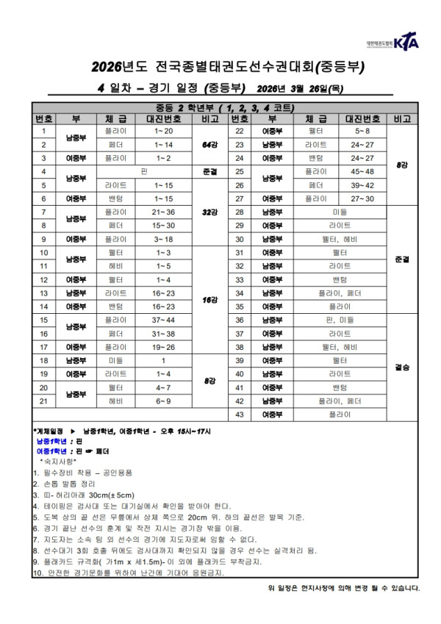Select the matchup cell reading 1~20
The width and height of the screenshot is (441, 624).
163,131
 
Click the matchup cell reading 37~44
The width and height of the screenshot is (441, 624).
163,320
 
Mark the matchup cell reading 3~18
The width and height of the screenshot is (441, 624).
163,239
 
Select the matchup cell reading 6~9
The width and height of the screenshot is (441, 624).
163,401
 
